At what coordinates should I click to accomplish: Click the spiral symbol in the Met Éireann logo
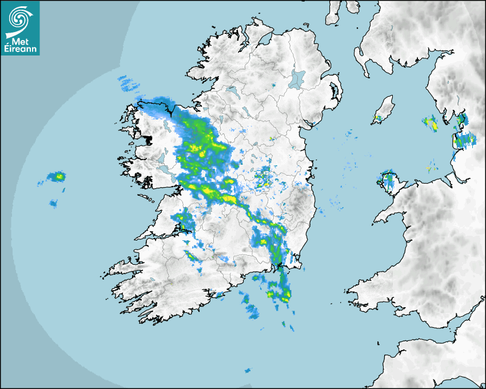point(19,19)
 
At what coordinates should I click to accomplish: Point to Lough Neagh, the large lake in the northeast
point(297,78)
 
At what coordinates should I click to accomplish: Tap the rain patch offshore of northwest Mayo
point(129,84)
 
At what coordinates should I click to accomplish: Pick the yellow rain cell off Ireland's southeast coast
point(285,294)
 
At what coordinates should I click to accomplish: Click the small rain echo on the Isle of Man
point(377,120)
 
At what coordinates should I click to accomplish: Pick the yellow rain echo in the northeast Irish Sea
point(431,123)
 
